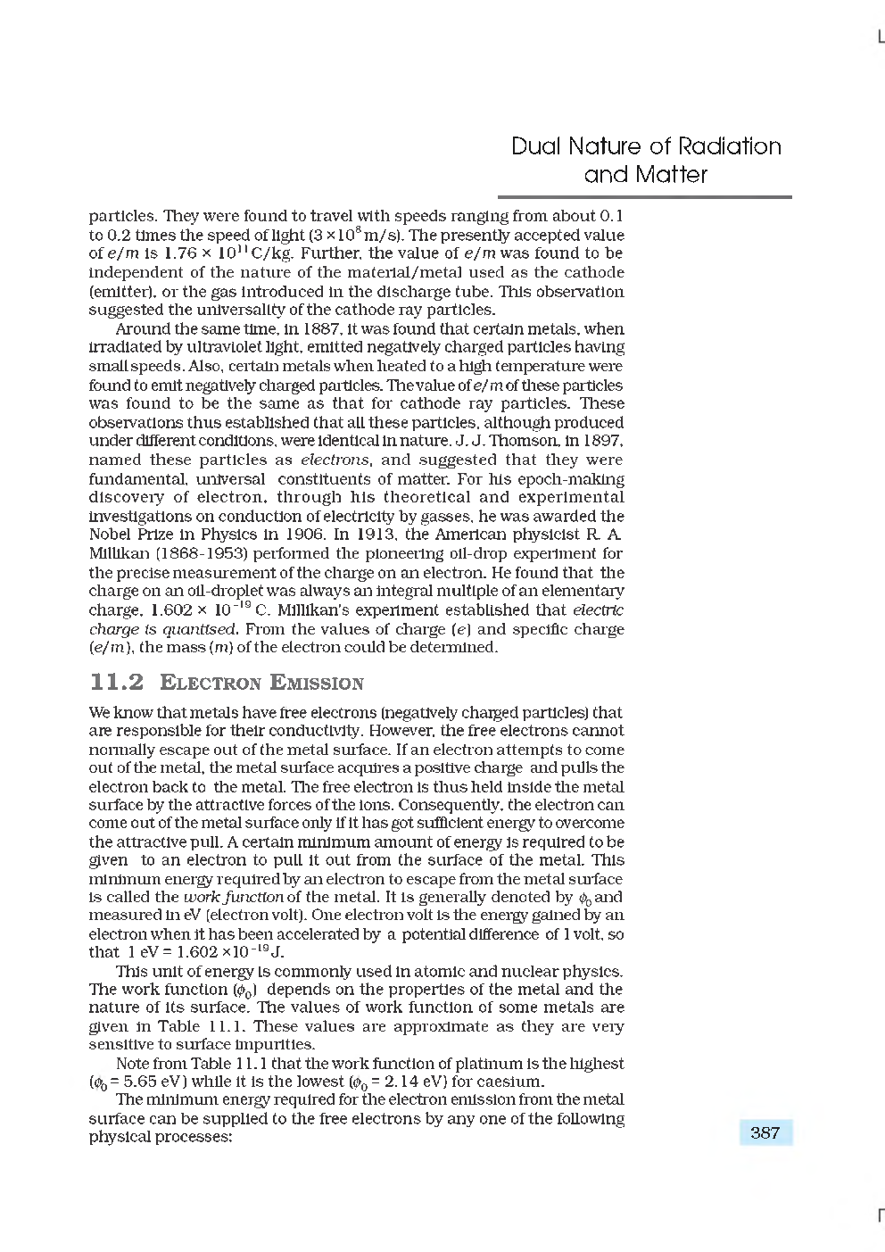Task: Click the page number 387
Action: (765, 1133)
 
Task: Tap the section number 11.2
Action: (117, 683)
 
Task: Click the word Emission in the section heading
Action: (317, 684)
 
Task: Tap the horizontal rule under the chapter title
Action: (644, 197)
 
